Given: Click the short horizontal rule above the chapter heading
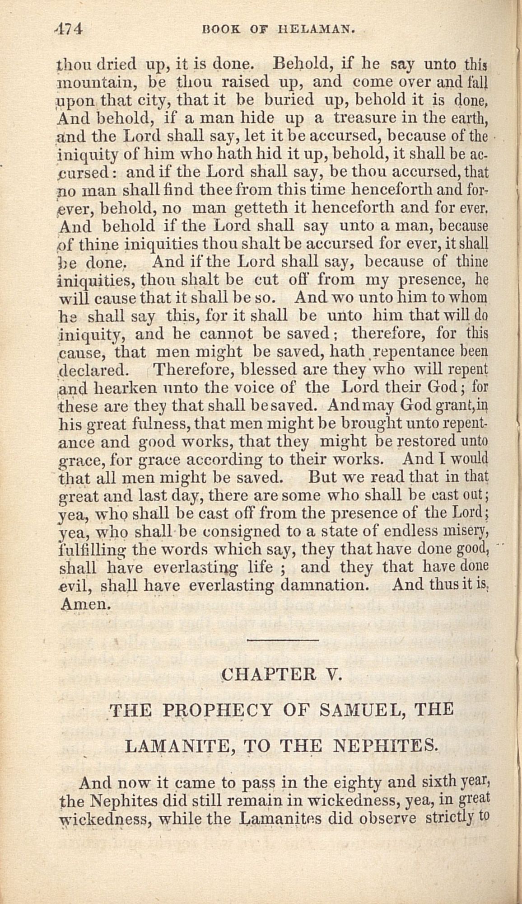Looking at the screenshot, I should pos(283,640).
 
